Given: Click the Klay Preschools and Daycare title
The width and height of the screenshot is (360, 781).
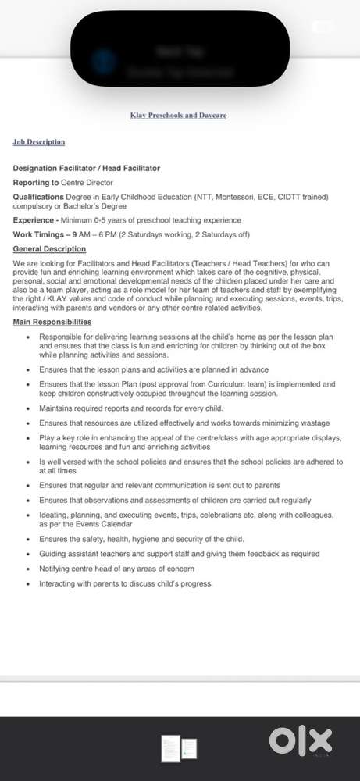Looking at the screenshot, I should (x=179, y=116).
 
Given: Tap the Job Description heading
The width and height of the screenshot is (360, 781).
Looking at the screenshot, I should (x=39, y=142).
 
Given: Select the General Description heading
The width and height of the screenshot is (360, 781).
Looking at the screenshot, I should (x=50, y=249).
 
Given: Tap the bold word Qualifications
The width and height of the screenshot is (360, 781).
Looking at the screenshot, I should (x=41, y=197).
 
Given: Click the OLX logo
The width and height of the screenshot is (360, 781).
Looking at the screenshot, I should (x=301, y=740).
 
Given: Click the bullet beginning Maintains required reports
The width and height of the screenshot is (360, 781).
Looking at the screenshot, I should (x=130, y=408).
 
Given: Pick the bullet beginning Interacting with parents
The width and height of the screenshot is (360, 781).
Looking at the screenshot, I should (x=125, y=583).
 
